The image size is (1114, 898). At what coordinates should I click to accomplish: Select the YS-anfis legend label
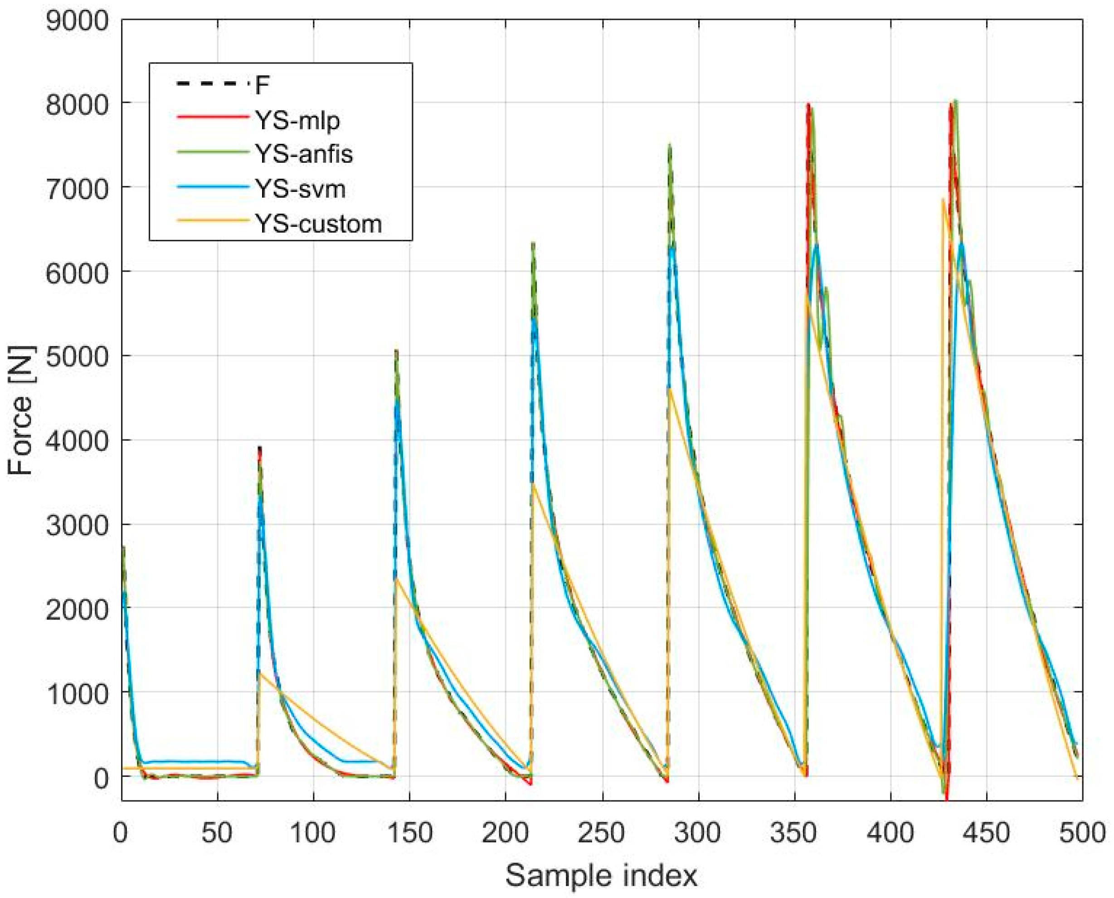pyautogui.click(x=304, y=154)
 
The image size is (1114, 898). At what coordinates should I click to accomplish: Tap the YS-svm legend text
pyautogui.click(x=300, y=189)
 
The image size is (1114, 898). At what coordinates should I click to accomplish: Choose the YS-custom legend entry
pyautogui.click(x=318, y=224)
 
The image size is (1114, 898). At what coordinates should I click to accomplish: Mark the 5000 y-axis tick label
pyautogui.click(x=78, y=356)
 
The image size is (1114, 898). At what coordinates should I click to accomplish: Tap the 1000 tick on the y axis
pyautogui.click(x=78, y=692)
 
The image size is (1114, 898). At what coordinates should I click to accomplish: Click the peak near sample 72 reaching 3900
pyautogui.click(x=260, y=448)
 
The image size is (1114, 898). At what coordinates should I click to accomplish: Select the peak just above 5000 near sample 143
pyautogui.click(x=396, y=351)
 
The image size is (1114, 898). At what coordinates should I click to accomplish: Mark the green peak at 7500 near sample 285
pyautogui.click(x=670, y=146)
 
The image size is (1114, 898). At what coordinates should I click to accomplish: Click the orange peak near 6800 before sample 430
pyautogui.click(x=942, y=200)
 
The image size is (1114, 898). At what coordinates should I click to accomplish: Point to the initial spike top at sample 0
pyautogui.click(x=123, y=547)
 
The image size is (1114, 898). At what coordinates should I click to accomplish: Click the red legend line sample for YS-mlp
pyautogui.click(x=212, y=117)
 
